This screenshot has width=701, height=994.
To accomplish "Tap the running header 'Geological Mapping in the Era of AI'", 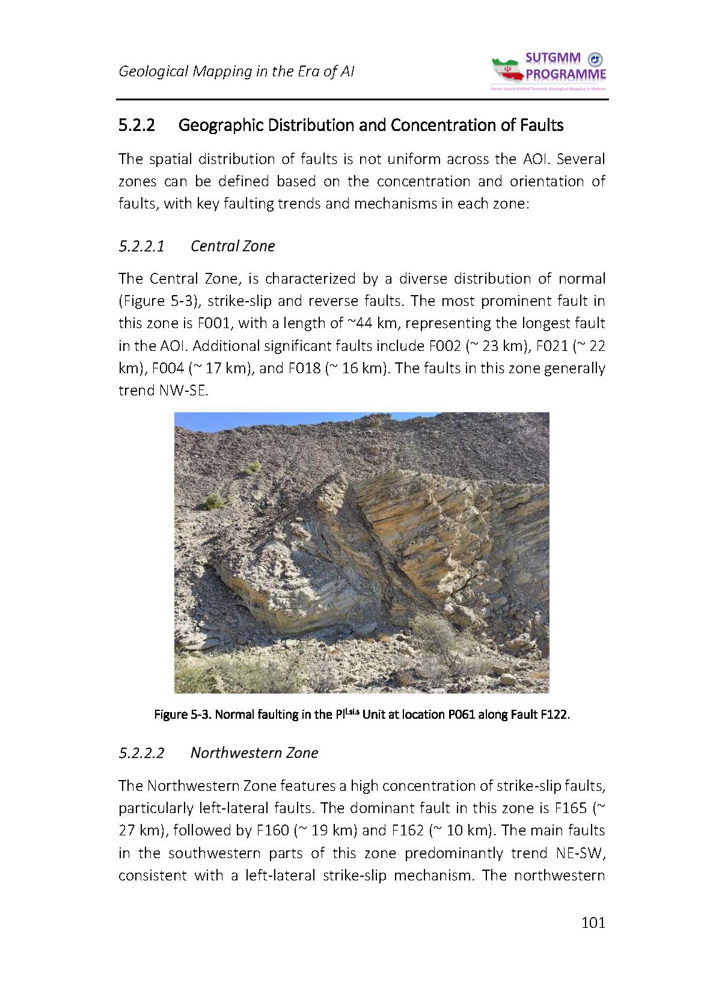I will [236, 71].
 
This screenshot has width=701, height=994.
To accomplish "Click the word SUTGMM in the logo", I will [553, 58].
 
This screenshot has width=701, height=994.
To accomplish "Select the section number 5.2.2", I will [137, 126].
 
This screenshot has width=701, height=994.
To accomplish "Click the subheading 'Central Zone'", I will [233, 246].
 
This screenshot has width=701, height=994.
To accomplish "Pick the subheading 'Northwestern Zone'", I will [254, 753].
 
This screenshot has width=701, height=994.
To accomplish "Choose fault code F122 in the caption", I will [554, 715].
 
